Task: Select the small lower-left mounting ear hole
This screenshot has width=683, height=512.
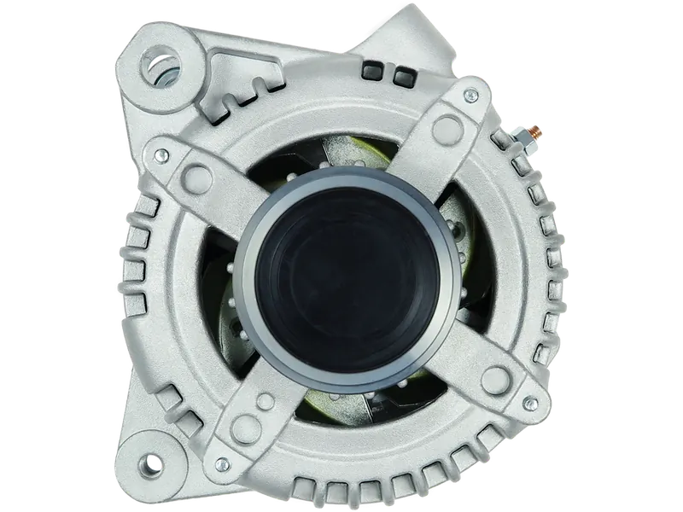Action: [x=155, y=463]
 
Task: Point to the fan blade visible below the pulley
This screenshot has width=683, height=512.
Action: [x=341, y=401]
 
